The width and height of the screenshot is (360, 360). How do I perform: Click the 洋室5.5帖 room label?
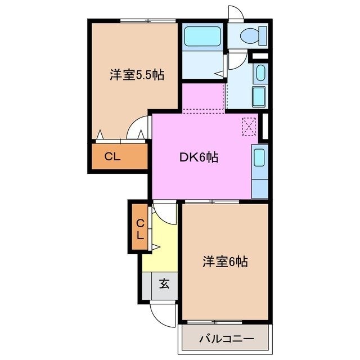[x=137, y=75]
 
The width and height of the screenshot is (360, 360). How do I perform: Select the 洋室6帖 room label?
[x=225, y=262]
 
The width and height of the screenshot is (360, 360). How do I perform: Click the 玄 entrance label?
[x=163, y=284]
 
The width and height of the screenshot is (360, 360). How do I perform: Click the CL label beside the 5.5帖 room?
[x=112, y=157]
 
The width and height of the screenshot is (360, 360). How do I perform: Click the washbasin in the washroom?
[x=260, y=73]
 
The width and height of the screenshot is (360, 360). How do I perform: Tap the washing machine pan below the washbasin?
[x=259, y=96]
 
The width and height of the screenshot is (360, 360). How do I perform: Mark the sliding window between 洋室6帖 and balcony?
[x=224, y=322]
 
